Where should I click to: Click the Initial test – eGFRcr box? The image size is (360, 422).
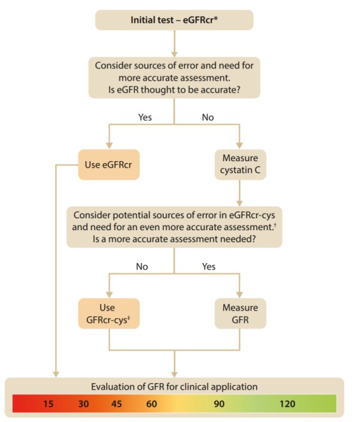pyautogui.click(x=174, y=20)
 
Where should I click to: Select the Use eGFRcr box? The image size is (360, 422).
pyautogui.click(x=109, y=164)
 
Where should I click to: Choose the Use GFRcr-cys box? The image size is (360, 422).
pyautogui.click(x=109, y=313)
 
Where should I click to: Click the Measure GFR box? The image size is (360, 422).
pyautogui.click(x=240, y=313)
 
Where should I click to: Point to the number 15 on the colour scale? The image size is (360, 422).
pyautogui.click(x=49, y=403)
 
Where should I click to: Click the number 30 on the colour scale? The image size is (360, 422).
pyautogui.click(x=83, y=403)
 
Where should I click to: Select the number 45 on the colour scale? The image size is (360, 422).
pyautogui.click(x=117, y=403)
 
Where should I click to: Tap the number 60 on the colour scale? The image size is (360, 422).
pyautogui.click(x=151, y=403)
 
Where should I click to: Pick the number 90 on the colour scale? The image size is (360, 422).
pyautogui.click(x=219, y=403)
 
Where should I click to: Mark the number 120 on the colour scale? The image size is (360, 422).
pyautogui.click(x=287, y=403)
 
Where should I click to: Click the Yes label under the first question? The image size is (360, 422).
pyautogui.click(x=145, y=117)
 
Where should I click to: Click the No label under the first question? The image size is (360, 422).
pyautogui.click(x=208, y=117)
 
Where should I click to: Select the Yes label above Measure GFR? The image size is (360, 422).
pyautogui.click(x=208, y=266)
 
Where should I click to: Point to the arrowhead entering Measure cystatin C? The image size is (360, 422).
pyautogui.click(x=240, y=144)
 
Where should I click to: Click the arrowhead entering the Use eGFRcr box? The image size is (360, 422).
pyautogui.click(x=109, y=144)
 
